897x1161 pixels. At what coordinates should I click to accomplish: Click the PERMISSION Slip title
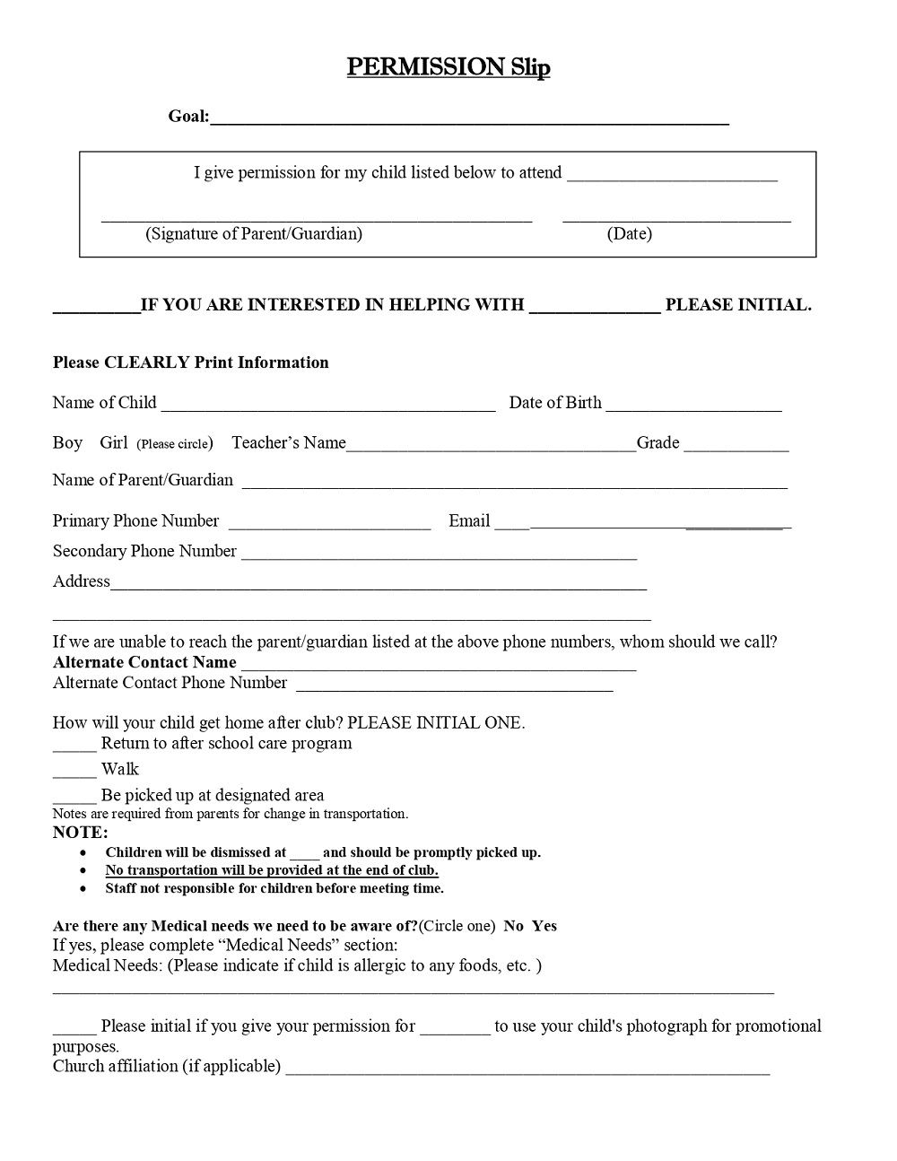tap(448, 67)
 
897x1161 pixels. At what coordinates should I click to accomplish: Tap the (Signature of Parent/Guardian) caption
tap(254, 234)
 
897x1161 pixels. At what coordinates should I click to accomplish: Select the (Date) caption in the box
tap(629, 234)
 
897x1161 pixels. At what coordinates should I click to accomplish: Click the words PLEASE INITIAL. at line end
tap(738, 305)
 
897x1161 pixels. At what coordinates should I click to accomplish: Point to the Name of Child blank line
tap(327, 408)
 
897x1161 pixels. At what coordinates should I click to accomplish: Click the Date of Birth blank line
tap(693, 408)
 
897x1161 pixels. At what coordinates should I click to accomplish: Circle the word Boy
tap(67, 443)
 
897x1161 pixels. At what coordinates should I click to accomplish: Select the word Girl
tap(114, 443)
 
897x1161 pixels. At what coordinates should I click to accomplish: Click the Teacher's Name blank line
tap(491, 449)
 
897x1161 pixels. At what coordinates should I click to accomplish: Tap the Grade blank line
tap(736, 449)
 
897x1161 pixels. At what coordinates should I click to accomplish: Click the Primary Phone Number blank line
tap(329, 527)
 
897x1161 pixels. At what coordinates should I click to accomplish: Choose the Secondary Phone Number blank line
tap(439, 557)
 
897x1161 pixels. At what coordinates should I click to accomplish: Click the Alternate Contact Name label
tap(144, 663)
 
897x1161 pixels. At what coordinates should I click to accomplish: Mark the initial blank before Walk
tap(74, 774)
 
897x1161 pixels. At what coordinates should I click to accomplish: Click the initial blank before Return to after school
tap(74, 748)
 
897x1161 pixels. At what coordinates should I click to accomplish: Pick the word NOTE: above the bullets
tap(80, 833)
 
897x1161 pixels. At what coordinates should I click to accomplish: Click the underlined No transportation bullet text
tap(271, 870)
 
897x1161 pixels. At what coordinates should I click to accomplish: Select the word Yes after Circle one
tap(544, 926)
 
